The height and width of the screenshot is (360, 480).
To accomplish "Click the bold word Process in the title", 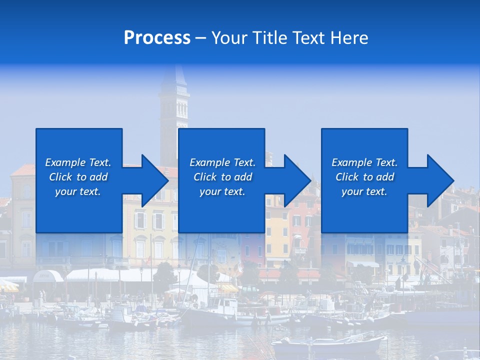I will [x=157, y=38].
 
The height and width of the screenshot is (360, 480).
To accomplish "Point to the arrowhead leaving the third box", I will [x=439, y=180].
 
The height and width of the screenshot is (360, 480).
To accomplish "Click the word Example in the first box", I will [x=65, y=162].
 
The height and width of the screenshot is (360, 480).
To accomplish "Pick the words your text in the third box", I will [x=364, y=191].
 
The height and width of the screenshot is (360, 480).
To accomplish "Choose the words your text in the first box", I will [x=78, y=191].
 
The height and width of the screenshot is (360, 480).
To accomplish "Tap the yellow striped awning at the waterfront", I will [x=228, y=288].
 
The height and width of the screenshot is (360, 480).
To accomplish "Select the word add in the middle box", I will [x=243, y=177].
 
